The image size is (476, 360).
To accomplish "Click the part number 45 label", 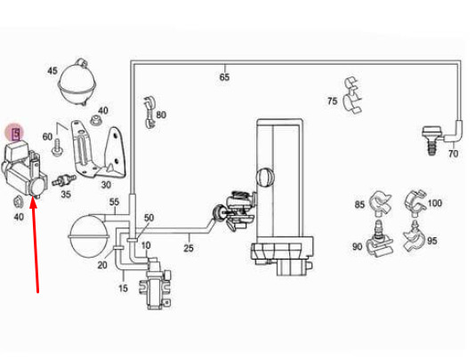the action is (52, 71).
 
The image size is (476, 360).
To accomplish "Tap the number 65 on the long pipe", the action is (224, 77).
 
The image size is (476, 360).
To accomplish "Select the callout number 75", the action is (333, 100).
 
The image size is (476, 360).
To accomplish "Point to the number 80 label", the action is (161, 115).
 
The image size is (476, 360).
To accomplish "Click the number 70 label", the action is (453, 154).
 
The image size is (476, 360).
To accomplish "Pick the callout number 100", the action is (435, 203).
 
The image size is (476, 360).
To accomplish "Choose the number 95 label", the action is (432, 241).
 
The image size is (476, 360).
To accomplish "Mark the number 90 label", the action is (358, 246).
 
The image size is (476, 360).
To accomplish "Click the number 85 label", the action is (359, 204).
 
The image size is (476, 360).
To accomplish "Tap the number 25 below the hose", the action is (189, 248).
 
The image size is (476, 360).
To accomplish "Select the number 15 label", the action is (123, 288).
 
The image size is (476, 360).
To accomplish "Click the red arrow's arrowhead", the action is (34, 203).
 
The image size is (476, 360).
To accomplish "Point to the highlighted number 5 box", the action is (15, 133).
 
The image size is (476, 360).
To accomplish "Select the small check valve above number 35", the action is (64, 180).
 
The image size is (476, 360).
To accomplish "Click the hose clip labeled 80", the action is (149, 112).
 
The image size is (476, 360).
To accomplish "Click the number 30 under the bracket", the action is (106, 185).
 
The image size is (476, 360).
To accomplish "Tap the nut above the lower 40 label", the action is (19, 202).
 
